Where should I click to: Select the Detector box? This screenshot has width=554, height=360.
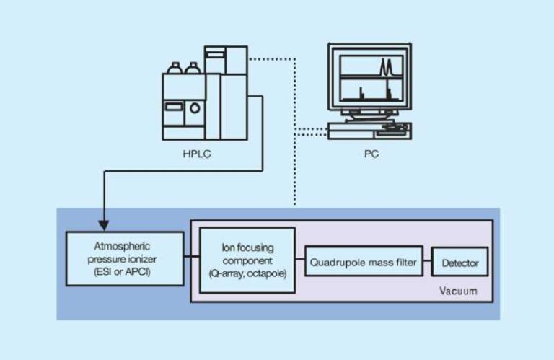point(459,263)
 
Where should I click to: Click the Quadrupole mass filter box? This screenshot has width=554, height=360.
point(363,263)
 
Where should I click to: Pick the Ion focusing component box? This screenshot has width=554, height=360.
point(247,260)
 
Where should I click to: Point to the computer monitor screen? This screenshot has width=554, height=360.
point(367,79)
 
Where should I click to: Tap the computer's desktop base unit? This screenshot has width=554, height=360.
point(368,131)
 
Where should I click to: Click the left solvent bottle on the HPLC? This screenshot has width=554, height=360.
point(174,69)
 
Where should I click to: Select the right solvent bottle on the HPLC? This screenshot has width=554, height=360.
point(192,69)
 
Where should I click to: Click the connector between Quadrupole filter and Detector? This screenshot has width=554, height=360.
point(426,263)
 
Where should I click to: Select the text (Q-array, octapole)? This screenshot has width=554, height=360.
point(247,275)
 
